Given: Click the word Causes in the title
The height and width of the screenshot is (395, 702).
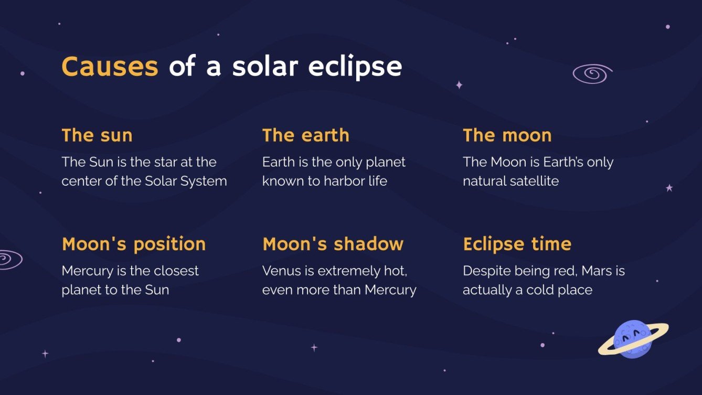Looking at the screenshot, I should pyautogui.click(x=110, y=67).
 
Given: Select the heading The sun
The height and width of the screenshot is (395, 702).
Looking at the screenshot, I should pyautogui.click(x=97, y=135).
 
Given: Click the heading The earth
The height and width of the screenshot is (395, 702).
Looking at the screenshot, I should pyautogui.click(x=305, y=135).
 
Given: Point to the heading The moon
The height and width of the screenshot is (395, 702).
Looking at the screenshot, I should pyautogui.click(x=507, y=135).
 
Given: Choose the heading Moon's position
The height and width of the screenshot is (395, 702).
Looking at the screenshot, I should pyautogui.click(x=134, y=244).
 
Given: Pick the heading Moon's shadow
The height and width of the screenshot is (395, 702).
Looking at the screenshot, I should pyautogui.click(x=333, y=244).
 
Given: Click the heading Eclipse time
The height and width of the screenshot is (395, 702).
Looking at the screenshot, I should pyautogui.click(x=517, y=244).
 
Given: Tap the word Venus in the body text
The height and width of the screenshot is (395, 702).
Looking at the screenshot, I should pyautogui.click(x=281, y=271).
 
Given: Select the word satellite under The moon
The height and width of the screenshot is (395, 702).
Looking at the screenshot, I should pyautogui.click(x=535, y=181).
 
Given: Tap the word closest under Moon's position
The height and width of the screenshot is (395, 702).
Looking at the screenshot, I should pyautogui.click(x=174, y=271).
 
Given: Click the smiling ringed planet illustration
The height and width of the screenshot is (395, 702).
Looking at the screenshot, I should pyautogui.click(x=633, y=339).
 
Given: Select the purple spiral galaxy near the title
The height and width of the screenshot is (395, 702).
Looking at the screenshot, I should pyautogui.click(x=592, y=74).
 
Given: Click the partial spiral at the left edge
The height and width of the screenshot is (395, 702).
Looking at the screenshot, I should pyautogui.click(x=9, y=259).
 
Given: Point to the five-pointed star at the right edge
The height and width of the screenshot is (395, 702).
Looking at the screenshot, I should pyautogui.click(x=669, y=188).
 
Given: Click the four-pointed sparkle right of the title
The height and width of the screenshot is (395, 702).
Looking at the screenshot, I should pyautogui.click(x=459, y=84).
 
